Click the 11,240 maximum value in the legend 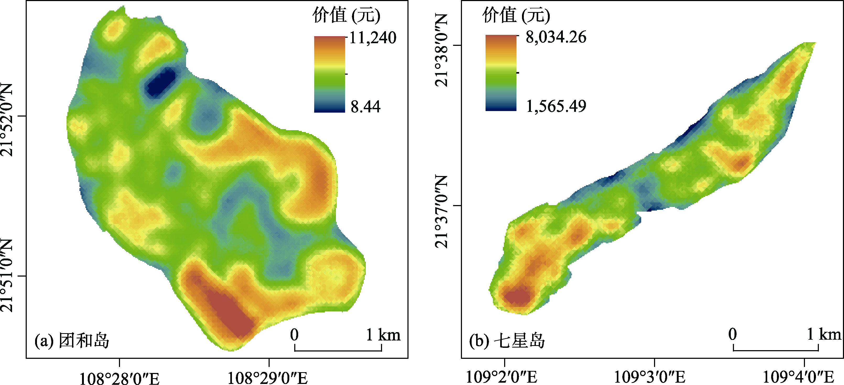coord(373,38)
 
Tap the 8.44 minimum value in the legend coord(365,106)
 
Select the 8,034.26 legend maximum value coord(556,37)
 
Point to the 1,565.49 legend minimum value coord(556,106)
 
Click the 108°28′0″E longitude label coord(119,378)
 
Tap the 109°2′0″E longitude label coord(501,377)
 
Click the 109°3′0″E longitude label coord(649,377)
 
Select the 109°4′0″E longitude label coord(798,377)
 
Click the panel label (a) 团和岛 coord(72,341)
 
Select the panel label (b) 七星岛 coord(507,341)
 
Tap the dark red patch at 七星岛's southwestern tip coord(517,296)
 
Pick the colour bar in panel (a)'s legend coord(330,74)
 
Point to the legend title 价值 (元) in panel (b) coord(516,15)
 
